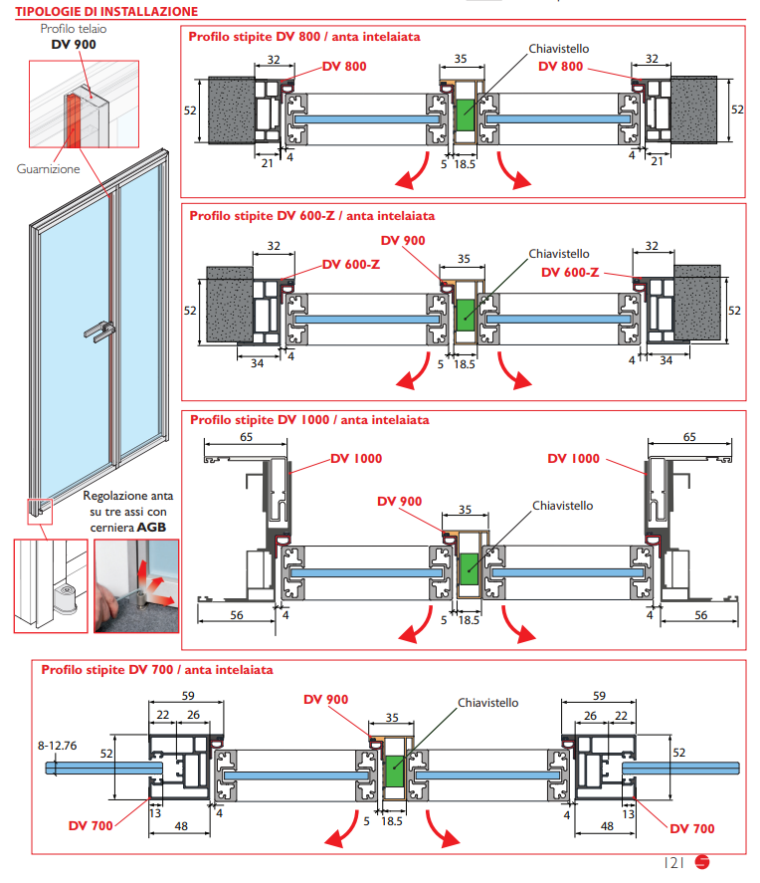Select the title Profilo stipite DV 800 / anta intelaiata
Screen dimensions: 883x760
click(x=304, y=37)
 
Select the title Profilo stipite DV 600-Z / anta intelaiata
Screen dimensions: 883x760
click(x=311, y=215)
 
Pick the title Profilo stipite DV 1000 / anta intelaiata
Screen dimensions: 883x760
click(x=308, y=420)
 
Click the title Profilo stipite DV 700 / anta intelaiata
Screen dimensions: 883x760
click(x=157, y=670)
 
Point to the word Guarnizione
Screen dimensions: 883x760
click(x=48, y=169)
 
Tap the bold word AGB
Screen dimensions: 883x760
click(x=152, y=526)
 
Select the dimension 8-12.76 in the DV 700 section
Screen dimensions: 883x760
click(x=58, y=745)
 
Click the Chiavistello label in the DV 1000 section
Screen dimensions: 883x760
click(x=562, y=506)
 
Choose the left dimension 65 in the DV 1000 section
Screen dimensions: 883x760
click(x=246, y=436)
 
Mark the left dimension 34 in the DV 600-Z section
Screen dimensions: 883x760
click(x=257, y=363)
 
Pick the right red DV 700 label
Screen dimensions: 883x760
click(x=691, y=828)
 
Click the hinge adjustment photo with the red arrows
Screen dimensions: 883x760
click(x=136, y=585)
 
